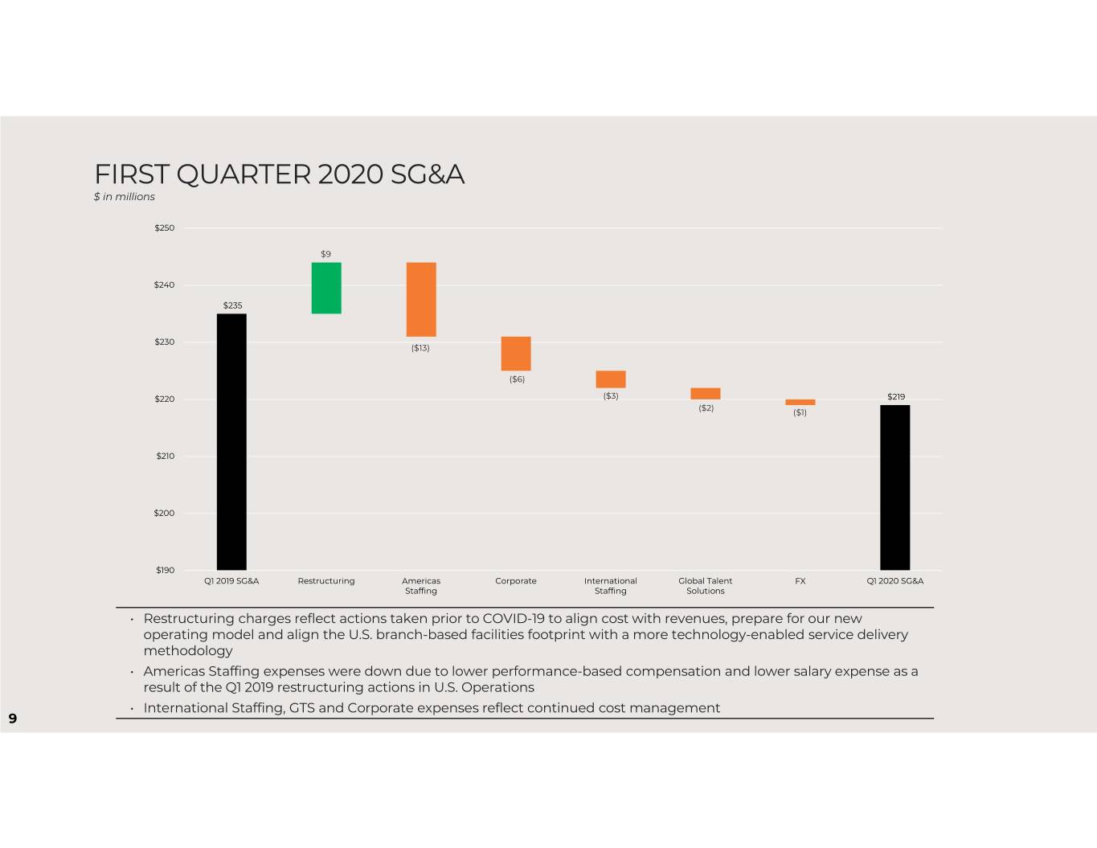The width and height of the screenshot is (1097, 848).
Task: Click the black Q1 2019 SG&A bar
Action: [231, 441]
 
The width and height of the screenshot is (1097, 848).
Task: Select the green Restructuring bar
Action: [326, 289]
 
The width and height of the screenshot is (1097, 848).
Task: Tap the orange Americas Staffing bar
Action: [421, 299]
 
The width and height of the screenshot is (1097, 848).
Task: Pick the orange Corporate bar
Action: [516, 354]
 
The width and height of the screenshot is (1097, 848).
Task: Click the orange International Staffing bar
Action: [611, 379]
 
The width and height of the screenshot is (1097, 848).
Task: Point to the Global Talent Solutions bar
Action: [706, 393]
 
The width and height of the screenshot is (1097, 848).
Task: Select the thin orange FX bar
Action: [800, 402]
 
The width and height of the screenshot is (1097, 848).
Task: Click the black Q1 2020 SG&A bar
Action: [895, 487]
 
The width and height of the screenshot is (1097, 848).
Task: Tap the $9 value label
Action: [326, 254]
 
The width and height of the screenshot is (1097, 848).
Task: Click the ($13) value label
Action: [420, 348]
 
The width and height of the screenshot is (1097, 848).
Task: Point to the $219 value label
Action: [896, 397]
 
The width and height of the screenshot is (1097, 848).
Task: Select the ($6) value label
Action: [517, 379]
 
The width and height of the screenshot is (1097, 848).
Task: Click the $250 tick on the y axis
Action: [165, 227]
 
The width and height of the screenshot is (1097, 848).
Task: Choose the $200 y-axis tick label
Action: [164, 513]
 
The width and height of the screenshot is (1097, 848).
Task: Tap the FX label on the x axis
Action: [800, 581]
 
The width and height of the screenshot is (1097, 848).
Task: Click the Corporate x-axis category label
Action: [516, 581]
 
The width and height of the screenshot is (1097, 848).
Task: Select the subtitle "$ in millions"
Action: [125, 197]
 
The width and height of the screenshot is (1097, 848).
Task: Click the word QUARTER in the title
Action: [244, 174]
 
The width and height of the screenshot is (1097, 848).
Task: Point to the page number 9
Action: [13, 719]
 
